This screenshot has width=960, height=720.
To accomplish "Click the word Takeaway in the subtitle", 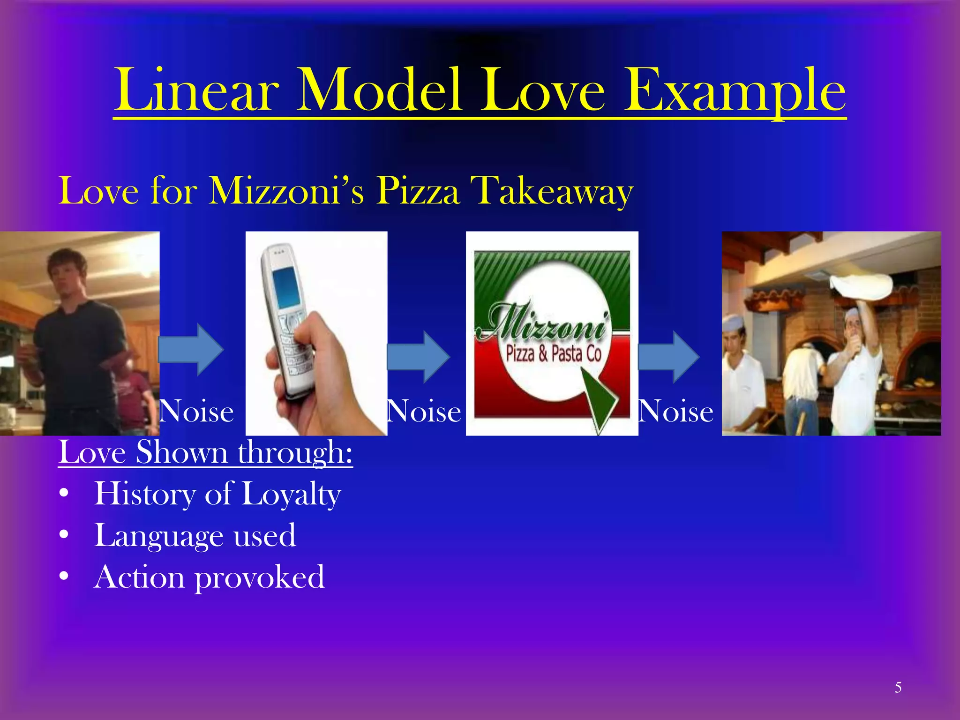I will (x=555, y=191).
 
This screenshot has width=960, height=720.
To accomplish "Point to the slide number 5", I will (x=898, y=687).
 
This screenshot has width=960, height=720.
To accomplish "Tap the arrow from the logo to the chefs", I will (x=668, y=356).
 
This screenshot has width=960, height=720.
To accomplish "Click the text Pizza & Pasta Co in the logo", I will (x=554, y=354).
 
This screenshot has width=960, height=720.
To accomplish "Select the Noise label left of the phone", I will (x=197, y=412).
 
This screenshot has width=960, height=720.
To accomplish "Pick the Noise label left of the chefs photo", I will (x=676, y=412).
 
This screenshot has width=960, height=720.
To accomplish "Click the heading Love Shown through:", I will (x=205, y=453).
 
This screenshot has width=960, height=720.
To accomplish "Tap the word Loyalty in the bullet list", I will (x=291, y=495).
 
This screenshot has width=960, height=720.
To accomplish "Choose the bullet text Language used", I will (x=195, y=536).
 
